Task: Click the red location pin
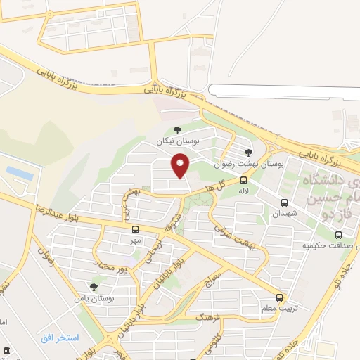[181, 166]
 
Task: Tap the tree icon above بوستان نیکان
[176, 129]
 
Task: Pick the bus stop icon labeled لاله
[243, 179]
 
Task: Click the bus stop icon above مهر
[135, 229]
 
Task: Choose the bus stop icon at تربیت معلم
[280, 297]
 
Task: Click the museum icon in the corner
[6, 351]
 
